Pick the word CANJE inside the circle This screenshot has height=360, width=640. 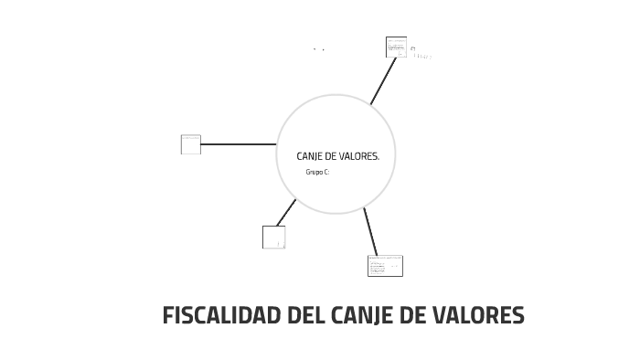point(311,156)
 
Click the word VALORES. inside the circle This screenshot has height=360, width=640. point(359,156)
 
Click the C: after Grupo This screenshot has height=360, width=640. point(326,172)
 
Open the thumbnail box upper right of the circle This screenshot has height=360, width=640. point(396,47)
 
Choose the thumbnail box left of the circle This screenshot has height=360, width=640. point(191,144)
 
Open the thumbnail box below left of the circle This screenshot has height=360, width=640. point(273,237)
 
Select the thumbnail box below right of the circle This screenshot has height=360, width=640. point(385,265)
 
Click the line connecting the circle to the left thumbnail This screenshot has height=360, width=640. point(238,144)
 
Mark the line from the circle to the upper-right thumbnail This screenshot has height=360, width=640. point(383,80)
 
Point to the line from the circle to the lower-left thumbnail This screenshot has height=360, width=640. point(286,212)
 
